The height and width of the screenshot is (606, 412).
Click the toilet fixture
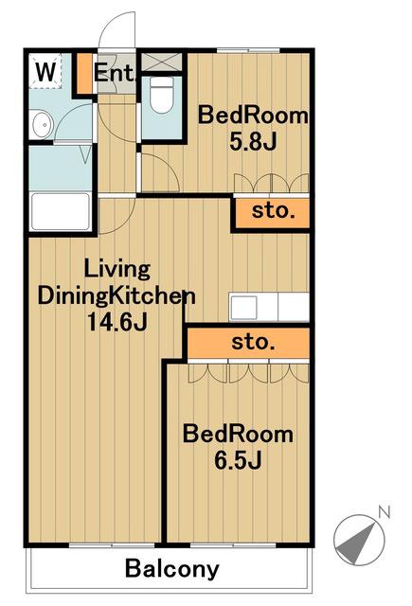coord(161,95)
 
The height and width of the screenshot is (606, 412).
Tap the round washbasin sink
coord(42,124)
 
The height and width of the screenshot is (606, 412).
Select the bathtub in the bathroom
coord(61,211)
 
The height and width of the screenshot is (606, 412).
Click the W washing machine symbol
coord(45,71)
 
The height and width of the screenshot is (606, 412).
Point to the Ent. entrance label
coord(116,72)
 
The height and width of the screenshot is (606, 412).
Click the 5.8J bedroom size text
coord(253,141)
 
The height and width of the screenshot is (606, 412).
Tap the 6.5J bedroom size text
coord(238,460)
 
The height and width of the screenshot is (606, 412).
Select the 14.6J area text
coord(117,322)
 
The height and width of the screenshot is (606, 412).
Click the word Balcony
coord(172,569)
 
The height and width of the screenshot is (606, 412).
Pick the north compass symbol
coord(359,540)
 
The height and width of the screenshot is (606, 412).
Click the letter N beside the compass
coord(385,511)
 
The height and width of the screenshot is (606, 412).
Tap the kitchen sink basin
coord(243,307)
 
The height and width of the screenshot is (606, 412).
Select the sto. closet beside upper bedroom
coord(272,212)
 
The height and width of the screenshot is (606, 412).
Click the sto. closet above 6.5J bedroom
coord(248,343)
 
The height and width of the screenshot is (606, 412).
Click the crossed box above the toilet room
coord(162,62)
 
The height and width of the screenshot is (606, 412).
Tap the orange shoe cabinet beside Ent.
coord(84,74)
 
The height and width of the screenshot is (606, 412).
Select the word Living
coord(116,270)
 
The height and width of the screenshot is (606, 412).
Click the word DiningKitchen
coord(116,296)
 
